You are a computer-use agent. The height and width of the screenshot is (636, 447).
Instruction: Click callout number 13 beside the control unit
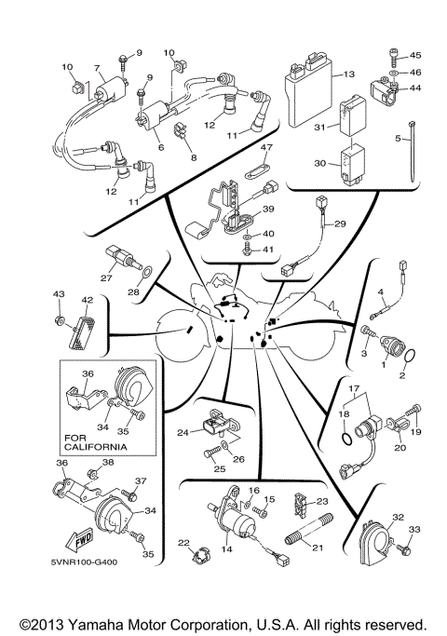point(350,74)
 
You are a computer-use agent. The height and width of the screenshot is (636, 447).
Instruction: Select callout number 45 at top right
point(415,55)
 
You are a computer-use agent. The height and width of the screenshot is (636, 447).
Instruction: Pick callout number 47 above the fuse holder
point(265,148)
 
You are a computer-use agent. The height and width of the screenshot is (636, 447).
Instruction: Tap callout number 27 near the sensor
point(106,277)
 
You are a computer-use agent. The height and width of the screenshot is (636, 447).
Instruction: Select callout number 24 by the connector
point(183,432)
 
